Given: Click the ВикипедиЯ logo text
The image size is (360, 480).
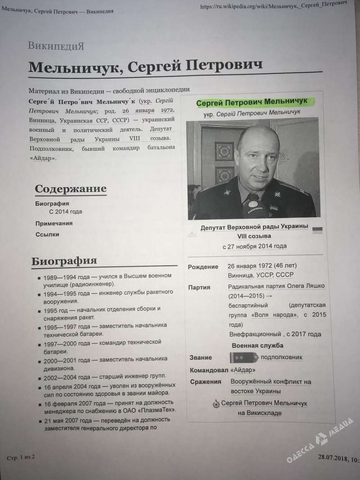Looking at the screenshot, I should pyautogui.click(x=56, y=45).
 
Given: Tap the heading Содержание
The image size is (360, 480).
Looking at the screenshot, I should pyautogui.click(x=71, y=189).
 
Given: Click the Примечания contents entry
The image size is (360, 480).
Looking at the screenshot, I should pyautogui.click(x=54, y=223).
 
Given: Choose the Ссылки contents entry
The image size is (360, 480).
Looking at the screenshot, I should pyautogui.click(x=47, y=234).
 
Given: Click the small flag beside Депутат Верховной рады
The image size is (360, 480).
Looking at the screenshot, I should pyautogui.click(x=317, y=229).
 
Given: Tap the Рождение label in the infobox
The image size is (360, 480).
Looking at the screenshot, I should pyautogui.click(x=203, y=267).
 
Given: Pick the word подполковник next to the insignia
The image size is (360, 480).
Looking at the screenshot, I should pyautogui.click(x=282, y=357).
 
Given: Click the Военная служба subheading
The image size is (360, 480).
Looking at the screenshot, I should pyautogui.click(x=257, y=345).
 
